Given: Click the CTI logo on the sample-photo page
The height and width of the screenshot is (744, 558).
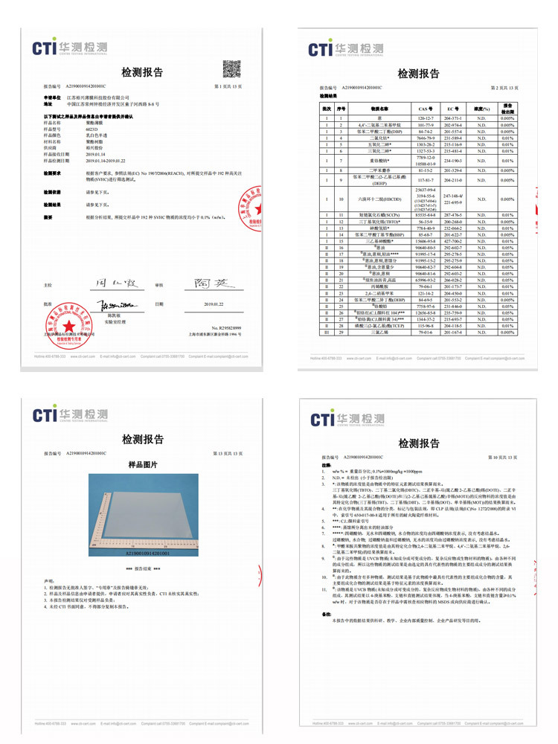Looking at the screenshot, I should [70, 414].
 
